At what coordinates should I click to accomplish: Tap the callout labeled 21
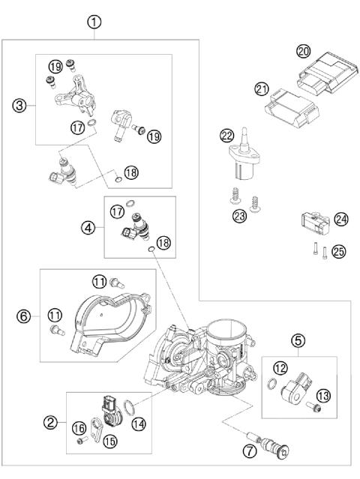pos(262,90)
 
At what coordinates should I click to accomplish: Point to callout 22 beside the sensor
pos(227,136)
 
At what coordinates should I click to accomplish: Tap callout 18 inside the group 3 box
pos(132,172)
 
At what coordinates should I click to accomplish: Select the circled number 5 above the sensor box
pos(298,341)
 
